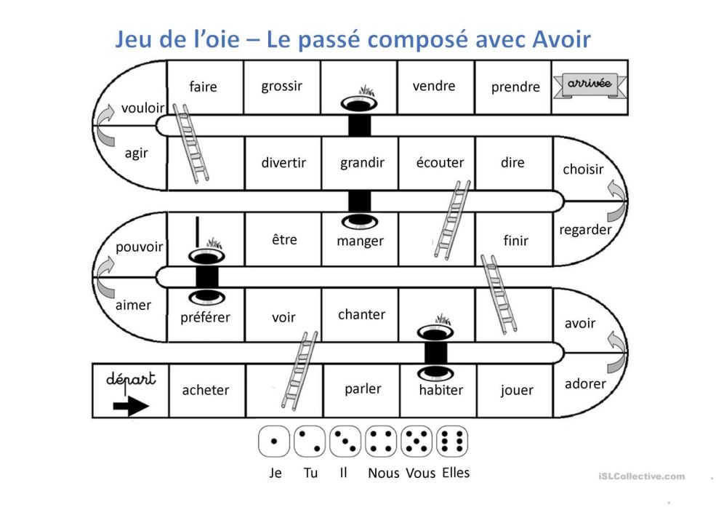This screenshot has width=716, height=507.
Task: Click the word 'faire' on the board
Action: click(203, 87)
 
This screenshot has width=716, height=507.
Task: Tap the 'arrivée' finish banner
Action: click(588, 85)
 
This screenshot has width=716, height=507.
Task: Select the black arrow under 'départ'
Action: click(130, 407)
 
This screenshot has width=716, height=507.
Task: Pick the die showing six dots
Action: click(451, 442)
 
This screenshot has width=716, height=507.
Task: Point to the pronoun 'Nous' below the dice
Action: click(383, 474)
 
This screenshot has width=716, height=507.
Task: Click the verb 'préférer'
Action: click(205, 317)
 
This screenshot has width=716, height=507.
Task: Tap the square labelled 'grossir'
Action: click(281, 87)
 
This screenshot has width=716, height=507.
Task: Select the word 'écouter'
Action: click(440, 163)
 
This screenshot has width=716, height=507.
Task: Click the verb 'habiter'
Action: click(441, 389)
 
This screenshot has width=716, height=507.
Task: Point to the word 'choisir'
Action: click(583, 169)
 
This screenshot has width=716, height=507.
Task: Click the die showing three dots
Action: click(345, 442)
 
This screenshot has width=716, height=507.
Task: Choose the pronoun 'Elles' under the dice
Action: click(454, 473)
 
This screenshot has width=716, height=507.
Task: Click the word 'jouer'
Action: click(516, 390)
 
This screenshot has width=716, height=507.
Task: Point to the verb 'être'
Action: click(284, 239)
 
